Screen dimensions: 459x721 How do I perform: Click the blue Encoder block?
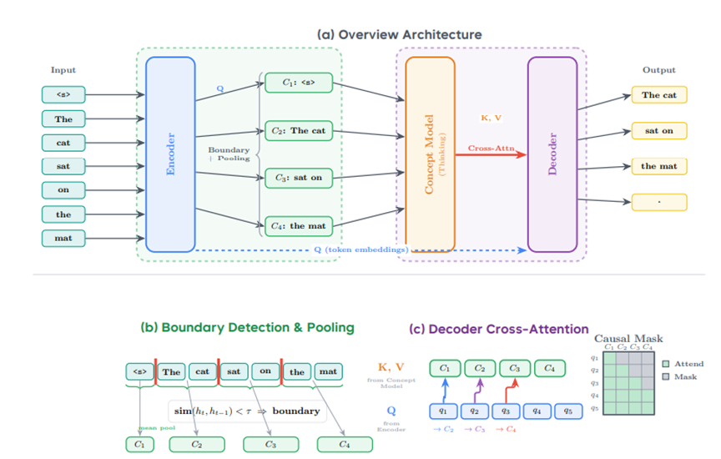coord(170,154)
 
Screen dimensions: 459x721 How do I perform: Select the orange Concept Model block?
coord(430,154)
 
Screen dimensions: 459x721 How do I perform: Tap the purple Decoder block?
coord(552,154)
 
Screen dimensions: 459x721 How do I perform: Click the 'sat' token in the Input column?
coord(63,166)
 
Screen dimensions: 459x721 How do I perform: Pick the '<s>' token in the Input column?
coord(63,94)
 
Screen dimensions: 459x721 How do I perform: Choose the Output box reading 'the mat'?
coord(659,166)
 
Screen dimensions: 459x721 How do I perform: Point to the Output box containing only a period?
coord(659,202)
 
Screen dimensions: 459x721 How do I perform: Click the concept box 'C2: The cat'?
coord(296,130)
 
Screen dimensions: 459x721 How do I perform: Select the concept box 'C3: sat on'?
coord(296,177)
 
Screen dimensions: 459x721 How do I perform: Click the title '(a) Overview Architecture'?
coord(400,34)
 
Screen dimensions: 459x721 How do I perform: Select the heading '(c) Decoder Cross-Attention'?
coord(498,329)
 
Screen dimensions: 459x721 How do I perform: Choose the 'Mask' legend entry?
coord(683,376)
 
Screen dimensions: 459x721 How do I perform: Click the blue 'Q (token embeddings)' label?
coord(361,250)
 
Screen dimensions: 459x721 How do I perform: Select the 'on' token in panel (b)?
coord(265,371)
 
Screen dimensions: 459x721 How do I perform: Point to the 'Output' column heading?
coord(659,70)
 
